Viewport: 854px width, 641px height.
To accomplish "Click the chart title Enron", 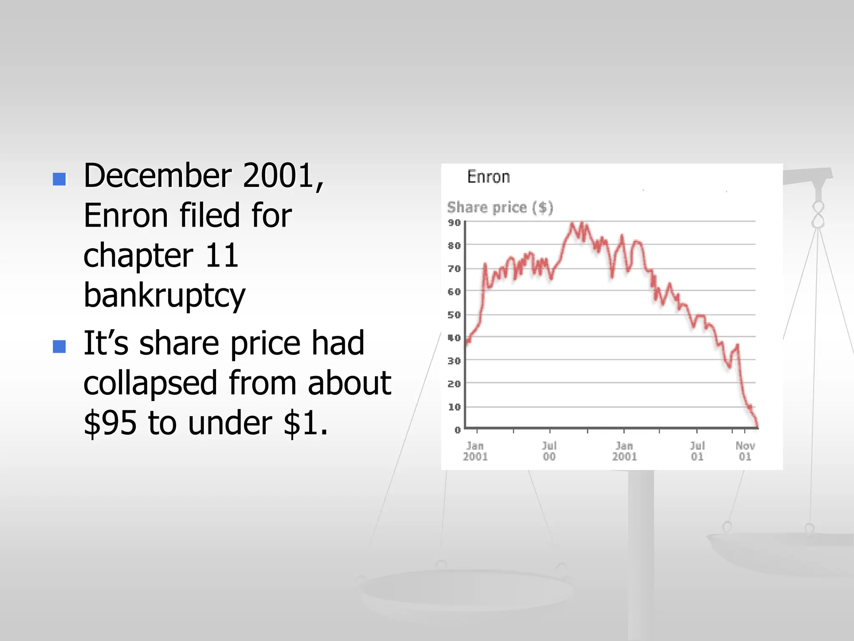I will (488, 177).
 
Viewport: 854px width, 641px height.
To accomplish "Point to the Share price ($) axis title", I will (500, 207).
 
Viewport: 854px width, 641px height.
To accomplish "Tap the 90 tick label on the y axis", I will (454, 222).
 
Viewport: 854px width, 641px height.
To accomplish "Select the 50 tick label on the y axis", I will (454, 315).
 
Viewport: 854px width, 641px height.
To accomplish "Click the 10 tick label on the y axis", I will (454, 406).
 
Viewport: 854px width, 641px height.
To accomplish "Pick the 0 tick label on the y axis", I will (457, 429).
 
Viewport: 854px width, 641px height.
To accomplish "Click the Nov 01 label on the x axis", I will (745, 451).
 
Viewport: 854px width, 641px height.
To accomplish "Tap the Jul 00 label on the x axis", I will (549, 451).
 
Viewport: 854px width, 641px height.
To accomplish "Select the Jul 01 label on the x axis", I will (697, 451).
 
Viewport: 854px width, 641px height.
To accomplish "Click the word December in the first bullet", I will (158, 176).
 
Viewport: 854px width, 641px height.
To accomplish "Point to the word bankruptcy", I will (164, 295).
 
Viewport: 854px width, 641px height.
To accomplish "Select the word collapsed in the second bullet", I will (150, 383).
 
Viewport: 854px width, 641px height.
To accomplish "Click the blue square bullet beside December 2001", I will (59, 179).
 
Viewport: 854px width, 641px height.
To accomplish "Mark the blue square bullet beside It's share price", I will (59, 346).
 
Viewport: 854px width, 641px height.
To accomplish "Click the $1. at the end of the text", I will (305, 423).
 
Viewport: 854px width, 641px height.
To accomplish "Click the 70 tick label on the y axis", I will (454, 268).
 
